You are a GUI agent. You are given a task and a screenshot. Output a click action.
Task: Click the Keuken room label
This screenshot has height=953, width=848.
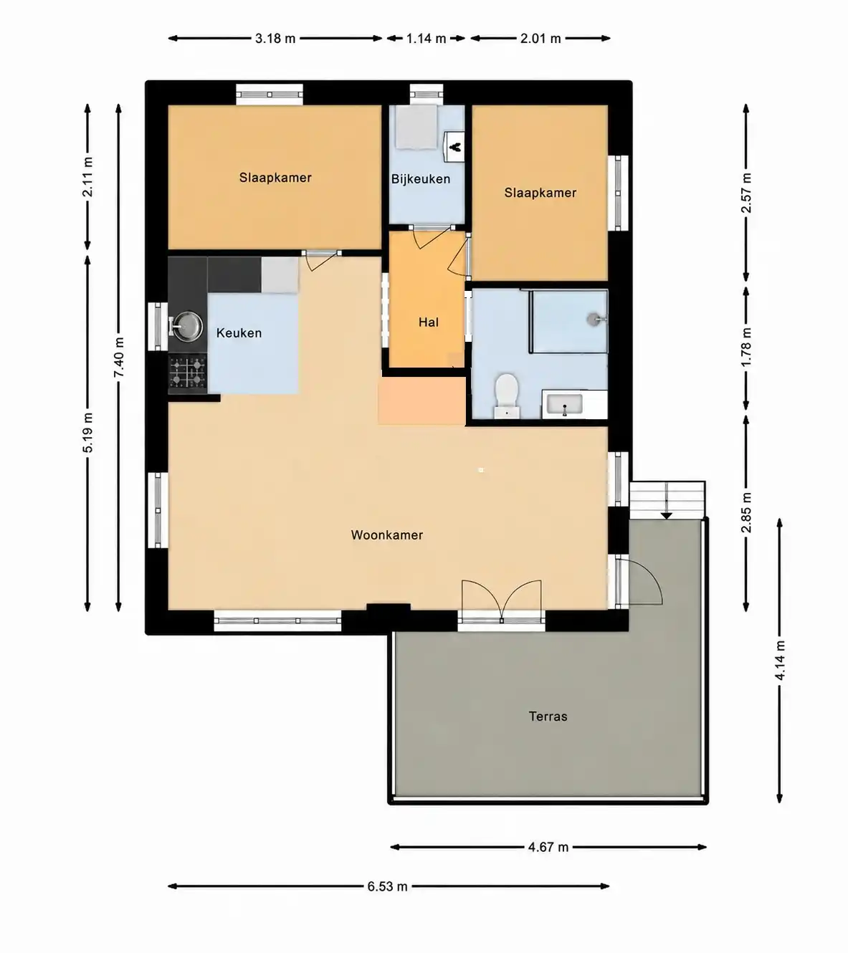pyautogui.click(x=239, y=333)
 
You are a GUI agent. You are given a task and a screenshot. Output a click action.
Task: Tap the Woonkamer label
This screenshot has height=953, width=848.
pyautogui.click(x=387, y=535)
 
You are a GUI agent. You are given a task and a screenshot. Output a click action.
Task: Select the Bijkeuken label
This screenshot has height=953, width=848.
pyautogui.click(x=421, y=178)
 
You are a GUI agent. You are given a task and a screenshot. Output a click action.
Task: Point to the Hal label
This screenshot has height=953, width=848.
pyautogui.click(x=428, y=322)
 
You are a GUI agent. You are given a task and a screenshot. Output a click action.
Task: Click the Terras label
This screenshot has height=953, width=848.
pyautogui.click(x=548, y=717)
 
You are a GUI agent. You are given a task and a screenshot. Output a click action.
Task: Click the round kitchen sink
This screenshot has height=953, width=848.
pyautogui.click(x=187, y=325)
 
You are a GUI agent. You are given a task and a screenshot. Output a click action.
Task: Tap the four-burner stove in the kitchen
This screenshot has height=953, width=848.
pyautogui.click(x=188, y=374)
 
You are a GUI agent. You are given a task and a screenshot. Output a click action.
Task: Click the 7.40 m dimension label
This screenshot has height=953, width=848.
pyautogui.click(x=119, y=357)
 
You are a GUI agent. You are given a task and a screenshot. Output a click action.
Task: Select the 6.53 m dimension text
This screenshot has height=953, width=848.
pyautogui.click(x=387, y=886)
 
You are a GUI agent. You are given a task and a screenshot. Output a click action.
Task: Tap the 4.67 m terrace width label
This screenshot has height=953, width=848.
pyautogui.click(x=548, y=847)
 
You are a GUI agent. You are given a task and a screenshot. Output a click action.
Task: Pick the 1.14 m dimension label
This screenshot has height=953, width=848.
pyautogui.click(x=426, y=39)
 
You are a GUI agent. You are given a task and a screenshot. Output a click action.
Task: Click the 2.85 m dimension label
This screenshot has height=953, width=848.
pyautogui.click(x=746, y=512)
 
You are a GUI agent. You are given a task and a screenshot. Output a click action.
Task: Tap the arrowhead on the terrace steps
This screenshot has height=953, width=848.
pyautogui.click(x=666, y=516)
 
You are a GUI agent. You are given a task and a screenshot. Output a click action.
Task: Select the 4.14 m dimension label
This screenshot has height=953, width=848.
pyautogui.click(x=780, y=661)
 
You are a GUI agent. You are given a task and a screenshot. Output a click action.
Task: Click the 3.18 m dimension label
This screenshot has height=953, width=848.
pyautogui.click(x=275, y=39)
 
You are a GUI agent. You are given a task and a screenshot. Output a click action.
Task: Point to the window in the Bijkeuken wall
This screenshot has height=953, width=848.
pyautogui.click(x=426, y=94)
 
